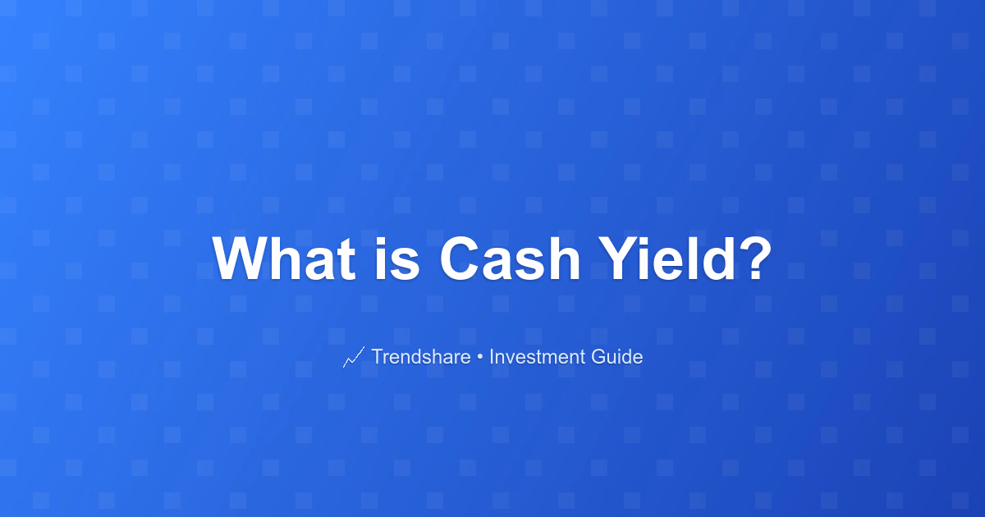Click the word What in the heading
click(284, 258)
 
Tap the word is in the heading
click(397, 258)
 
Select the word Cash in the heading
click(510, 258)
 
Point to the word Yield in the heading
click(667, 258)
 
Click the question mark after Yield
click(755, 258)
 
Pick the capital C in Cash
click(460, 258)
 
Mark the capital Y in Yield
click(618, 258)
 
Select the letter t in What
click(347, 261)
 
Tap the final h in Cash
click(564, 258)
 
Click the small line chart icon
click(354, 357)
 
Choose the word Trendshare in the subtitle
click(421, 356)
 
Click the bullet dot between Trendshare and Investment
click(479, 358)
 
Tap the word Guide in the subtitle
click(617, 356)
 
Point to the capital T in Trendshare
click(378, 356)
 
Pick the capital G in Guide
click(598, 356)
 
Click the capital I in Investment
click(491, 356)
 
